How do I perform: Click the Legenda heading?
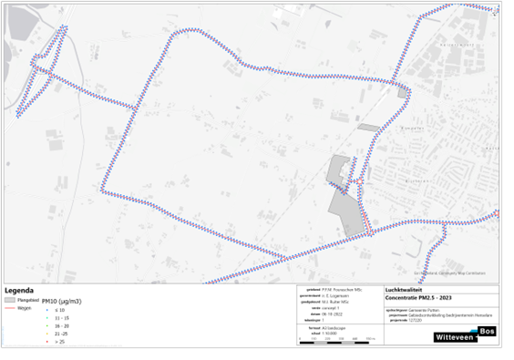20,291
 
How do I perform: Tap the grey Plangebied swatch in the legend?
9,299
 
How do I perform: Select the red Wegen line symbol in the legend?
9,308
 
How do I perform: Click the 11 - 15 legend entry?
61,317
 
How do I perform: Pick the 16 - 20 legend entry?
61,325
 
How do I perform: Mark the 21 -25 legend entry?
61,334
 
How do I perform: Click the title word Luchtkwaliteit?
405,290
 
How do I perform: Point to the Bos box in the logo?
488,331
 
